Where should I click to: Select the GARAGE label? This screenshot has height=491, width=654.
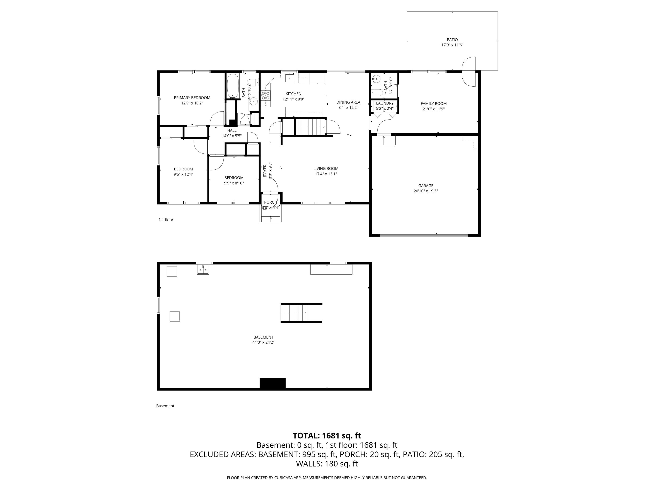pyautogui.click(x=426, y=185)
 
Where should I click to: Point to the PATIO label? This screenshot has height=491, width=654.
pyautogui.click(x=452, y=40)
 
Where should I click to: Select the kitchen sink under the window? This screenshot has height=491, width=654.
pyautogui.click(x=290, y=78)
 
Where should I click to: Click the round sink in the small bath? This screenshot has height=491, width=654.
pyautogui.click(x=376, y=79)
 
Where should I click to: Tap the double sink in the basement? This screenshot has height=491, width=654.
pyautogui.click(x=203, y=270)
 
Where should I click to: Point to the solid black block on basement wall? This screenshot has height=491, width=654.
pyautogui.click(x=272, y=383)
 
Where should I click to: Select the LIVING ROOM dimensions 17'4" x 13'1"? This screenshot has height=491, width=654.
pyautogui.click(x=326, y=174)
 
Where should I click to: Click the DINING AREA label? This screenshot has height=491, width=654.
pyautogui.click(x=348, y=102)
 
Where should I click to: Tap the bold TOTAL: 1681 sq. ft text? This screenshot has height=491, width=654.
pyautogui.click(x=327, y=436)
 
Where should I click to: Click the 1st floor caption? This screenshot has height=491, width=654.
pyautogui.click(x=166, y=220)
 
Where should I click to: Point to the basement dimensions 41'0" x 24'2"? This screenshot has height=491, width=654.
pyautogui.click(x=263, y=342)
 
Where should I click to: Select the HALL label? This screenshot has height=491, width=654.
pyautogui.click(x=232, y=130)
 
